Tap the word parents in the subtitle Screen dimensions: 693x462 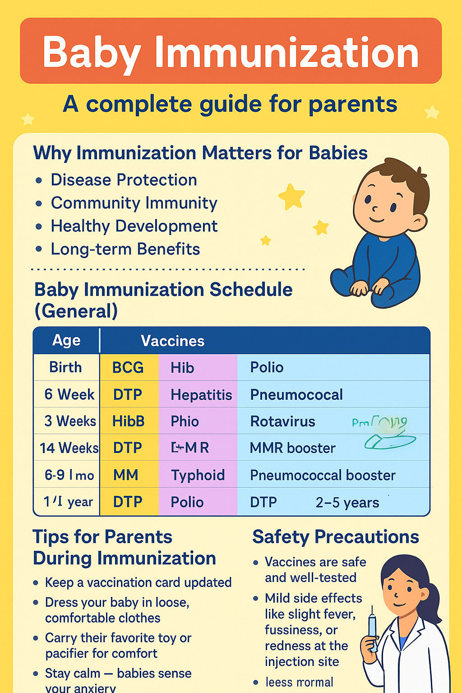(x=353, y=104)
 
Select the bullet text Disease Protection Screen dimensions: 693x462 (x=124, y=180)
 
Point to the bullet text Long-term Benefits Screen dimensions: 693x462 (x=125, y=249)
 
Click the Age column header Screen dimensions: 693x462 (x=66, y=340)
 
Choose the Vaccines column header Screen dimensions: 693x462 (x=172, y=341)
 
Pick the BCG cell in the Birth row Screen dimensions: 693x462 (x=128, y=368)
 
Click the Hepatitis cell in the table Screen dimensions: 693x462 (x=201, y=395)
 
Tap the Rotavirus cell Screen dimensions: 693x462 (x=282, y=421)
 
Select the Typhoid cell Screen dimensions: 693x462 (x=198, y=475)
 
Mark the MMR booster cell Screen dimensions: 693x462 (x=292, y=448)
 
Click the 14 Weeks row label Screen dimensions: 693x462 (x=69, y=448)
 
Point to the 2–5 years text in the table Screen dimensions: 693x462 (x=347, y=502)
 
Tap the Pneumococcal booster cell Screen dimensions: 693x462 (x=323, y=475)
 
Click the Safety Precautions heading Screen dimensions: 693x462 (x=335, y=537)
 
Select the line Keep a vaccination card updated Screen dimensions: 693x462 (x=138, y=582)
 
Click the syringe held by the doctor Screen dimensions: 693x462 (x=372, y=629)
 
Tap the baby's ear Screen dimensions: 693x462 (x=419, y=222)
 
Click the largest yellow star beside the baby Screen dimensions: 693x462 (x=292, y=197)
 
